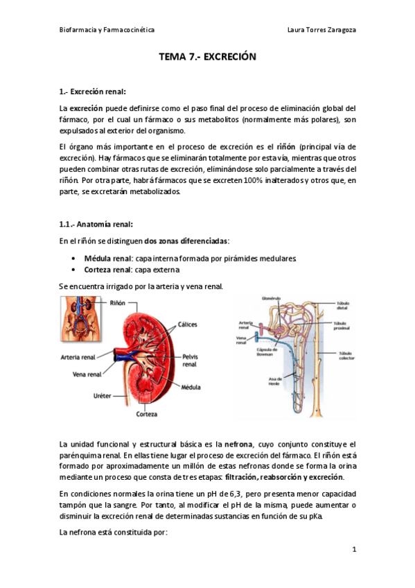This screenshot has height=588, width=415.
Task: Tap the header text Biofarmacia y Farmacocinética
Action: pyautogui.click(x=106, y=31)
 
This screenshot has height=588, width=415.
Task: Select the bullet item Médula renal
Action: pyautogui.click(x=108, y=257)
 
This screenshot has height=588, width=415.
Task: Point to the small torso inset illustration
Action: pyautogui.click(x=76, y=317)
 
